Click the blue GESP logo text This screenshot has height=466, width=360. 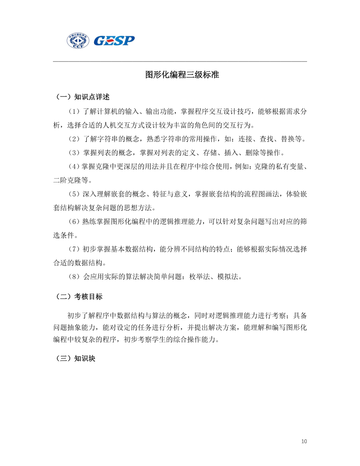pyautogui.click(x=114, y=40)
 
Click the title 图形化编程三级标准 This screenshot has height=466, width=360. pyautogui.click(x=182, y=75)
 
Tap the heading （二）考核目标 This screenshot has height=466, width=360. pyautogui.click(x=78, y=297)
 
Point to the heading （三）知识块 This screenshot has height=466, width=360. pyautogui.click(x=75, y=359)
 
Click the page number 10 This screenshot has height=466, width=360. pyautogui.click(x=304, y=441)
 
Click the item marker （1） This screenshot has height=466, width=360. pyautogui.click(x=74, y=111)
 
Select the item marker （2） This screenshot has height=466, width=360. pyautogui.click(x=74, y=139)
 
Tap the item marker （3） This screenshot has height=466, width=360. pyautogui.click(x=74, y=153)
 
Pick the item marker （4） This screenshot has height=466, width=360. pyautogui.click(x=74, y=167)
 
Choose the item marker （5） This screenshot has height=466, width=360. pyautogui.click(x=74, y=194)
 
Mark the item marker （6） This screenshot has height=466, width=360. pyautogui.click(x=74, y=222)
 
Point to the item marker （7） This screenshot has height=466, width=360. pyautogui.click(x=74, y=249)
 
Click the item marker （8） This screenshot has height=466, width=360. pyautogui.click(x=74, y=277)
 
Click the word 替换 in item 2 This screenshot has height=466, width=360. pyautogui.click(x=288, y=139)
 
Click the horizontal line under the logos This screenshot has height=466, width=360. pyautogui.click(x=180, y=62)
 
